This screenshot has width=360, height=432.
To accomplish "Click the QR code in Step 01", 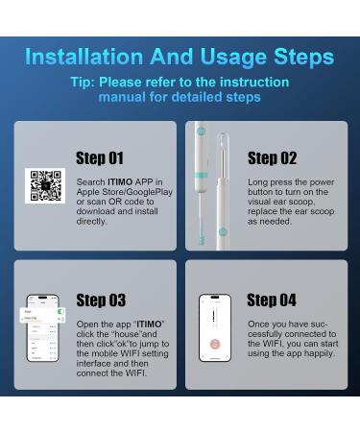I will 43,185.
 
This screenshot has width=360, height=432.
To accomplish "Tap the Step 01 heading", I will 100,157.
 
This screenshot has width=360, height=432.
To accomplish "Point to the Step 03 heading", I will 100,300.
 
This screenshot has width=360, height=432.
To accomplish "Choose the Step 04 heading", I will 272,300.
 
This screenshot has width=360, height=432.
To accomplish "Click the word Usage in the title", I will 228,56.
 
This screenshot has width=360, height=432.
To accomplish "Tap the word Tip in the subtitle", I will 83,82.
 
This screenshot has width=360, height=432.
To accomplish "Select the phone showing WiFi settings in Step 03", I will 43,328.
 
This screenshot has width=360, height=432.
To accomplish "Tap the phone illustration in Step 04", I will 215,328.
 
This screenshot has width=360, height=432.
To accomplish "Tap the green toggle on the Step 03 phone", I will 60,312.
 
